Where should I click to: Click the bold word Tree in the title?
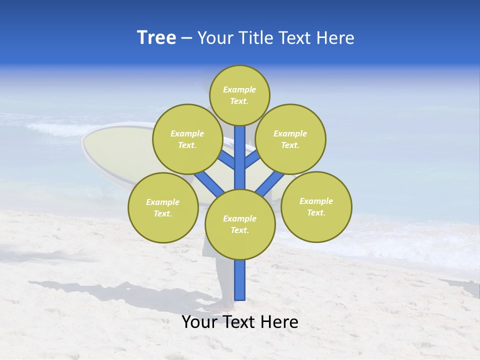(x=156, y=38)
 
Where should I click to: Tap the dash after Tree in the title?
(x=186, y=38)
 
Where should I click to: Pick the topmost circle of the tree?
(x=239, y=95)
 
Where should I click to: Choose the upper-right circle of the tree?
(x=290, y=139)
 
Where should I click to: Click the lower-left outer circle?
(x=163, y=207)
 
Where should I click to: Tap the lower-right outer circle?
(x=316, y=206)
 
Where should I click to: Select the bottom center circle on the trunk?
(x=240, y=224)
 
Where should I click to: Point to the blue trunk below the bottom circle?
(x=240, y=280)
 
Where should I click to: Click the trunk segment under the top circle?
(x=240, y=150)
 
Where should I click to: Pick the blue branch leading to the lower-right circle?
(x=270, y=183)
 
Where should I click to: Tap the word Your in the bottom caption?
(x=199, y=322)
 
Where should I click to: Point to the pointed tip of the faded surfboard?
(x=83, y=145)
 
